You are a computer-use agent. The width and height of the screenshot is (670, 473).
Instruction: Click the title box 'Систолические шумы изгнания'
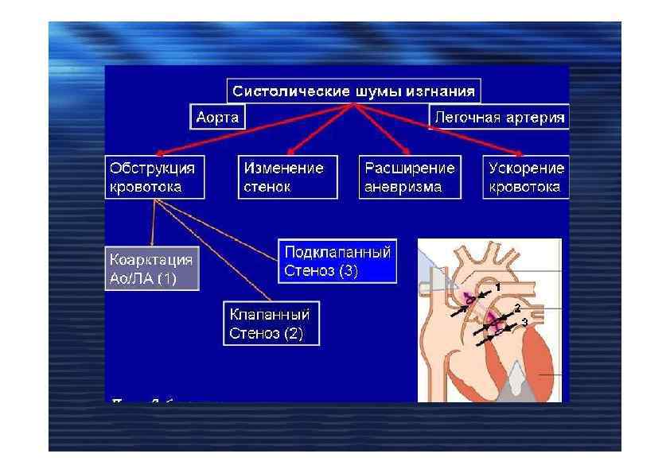[x=354, y=91]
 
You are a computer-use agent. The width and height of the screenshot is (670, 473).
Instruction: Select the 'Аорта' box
[x=217, y=118]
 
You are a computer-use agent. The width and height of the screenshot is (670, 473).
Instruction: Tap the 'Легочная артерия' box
[x=499, y=118]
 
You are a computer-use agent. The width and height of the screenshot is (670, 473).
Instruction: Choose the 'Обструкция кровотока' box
[x=155, y=177]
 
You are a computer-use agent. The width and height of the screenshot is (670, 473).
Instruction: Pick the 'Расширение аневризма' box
[x=410, y=177]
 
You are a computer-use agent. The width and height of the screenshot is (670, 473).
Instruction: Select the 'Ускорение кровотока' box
[x=526, y=177]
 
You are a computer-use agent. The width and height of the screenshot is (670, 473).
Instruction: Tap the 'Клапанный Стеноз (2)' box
[x=270, y=322]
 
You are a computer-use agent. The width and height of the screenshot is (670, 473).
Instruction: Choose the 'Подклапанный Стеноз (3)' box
[x=337, y=261]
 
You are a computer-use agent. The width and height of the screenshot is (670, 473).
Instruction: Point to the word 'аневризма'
[x=403, y=188]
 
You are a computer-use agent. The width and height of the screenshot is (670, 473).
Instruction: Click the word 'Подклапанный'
[x=337, y=253]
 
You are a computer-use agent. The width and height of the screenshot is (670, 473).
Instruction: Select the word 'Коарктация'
[x=150, y=260]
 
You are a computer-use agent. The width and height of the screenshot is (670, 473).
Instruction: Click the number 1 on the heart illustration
[x=497, y=285]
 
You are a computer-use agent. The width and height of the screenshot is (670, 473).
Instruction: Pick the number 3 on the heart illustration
[x=524, y=321]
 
